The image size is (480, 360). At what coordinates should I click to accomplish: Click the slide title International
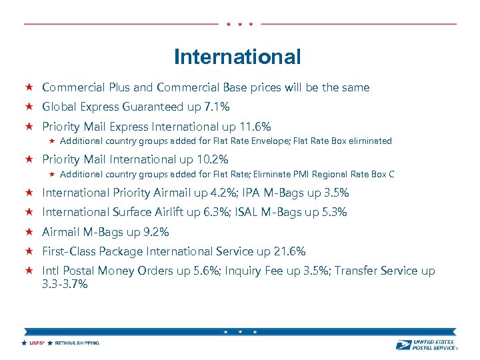point(237,57)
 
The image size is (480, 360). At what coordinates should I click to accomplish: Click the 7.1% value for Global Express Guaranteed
point(216,107)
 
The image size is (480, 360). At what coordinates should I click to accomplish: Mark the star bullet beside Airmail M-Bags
point(29,232)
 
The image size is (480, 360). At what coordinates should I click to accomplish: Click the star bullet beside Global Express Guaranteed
point(29,107)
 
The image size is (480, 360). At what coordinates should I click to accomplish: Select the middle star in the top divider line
point(239,24)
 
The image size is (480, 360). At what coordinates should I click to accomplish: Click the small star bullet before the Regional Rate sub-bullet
point(52,174)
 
